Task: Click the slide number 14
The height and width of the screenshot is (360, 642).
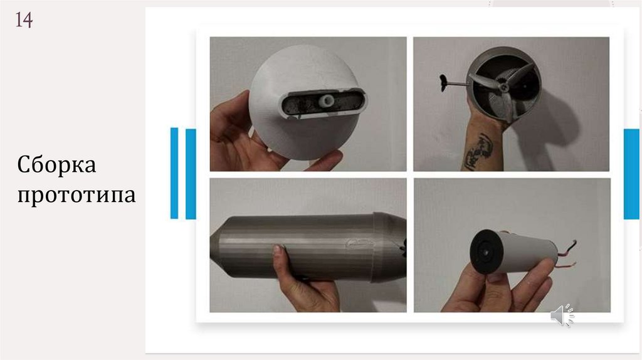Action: tap(24, 19)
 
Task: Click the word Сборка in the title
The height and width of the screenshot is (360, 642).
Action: tap(56, 165)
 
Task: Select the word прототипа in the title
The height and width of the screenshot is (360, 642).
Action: tap(76, 195)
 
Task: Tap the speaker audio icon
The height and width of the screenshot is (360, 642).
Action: tap(562, 315)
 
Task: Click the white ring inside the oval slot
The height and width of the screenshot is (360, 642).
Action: tap(327, 100)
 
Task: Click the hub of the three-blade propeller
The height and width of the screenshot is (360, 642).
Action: tap(504, 86)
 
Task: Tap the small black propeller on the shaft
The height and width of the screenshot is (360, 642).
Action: tap(444, 83)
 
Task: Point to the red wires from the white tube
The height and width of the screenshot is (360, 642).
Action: tap(567, 255)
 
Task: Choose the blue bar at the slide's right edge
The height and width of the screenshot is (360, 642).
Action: tap(631, 174)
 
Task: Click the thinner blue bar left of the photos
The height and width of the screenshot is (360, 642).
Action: tap(174, 173)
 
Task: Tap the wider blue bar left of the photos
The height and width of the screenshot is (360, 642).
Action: tap(191, 174)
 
